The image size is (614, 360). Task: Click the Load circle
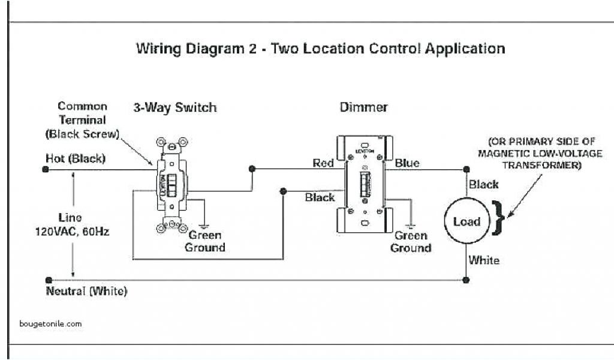466,221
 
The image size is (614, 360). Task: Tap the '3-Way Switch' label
174,108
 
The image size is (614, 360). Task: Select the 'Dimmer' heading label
363,107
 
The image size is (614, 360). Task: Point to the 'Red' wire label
323,163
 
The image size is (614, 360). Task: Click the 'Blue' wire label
407,163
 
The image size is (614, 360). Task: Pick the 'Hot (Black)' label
76,158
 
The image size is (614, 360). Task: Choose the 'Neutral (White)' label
86,292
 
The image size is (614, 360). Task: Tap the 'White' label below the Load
483,260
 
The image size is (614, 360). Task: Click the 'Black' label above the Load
483,184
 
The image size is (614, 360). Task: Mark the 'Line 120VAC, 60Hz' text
71,224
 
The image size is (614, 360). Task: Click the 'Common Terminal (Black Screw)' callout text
82,119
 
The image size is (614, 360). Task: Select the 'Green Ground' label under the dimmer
411,242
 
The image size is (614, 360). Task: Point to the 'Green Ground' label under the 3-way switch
205,241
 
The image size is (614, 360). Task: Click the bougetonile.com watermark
50,323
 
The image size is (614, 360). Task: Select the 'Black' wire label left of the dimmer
320,197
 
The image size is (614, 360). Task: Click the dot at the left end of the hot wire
46,169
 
